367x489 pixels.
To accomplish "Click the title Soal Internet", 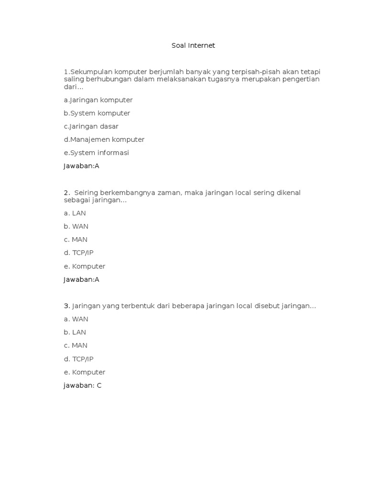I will (x=193, y=46).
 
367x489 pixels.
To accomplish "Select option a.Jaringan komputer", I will (x=98, y=100).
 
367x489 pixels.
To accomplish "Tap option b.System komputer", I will (x=97, y=113).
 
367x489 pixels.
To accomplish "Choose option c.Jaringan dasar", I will (x=91, y=127).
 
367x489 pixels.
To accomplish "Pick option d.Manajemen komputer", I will (x=104, y=140).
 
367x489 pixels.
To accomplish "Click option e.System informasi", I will (x=97, y=153).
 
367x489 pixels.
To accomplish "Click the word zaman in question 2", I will (x=164, y=192).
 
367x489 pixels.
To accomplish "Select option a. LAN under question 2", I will (x=75, y=213).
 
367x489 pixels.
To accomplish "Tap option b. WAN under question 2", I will (x=76, y=226).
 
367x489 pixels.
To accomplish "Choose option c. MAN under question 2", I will (x=76, y=240).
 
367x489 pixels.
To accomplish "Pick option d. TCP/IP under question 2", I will (x=78, y=253).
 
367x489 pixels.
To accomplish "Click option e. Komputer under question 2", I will (x=84, y=266).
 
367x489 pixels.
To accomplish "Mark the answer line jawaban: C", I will (x=82, y=385).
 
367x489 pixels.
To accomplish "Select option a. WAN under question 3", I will (x=76, y=319).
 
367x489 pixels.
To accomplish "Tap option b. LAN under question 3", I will (x=75, y=332).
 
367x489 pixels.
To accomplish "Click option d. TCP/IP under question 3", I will (x=78, y=359).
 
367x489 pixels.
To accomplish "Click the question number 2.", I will (x=66, y=192).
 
